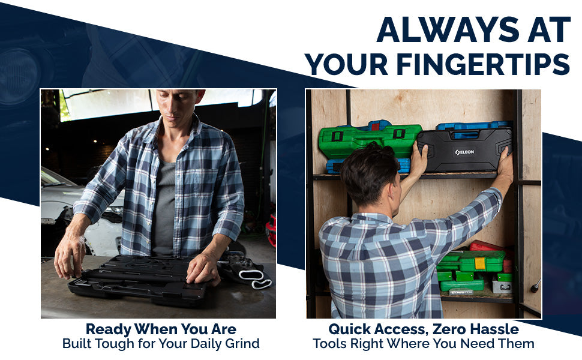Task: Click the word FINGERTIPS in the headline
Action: pos(483,64)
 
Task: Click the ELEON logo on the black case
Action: pos(465,152)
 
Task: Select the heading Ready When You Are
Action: pos(161,329)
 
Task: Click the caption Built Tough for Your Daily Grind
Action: pos(161,344)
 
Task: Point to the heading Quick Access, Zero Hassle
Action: pos(424,329)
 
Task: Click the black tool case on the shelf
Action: pos(464,150)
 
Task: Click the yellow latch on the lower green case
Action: pos(480,263)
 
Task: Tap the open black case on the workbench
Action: pos(137,278)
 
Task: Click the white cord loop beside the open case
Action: pos(256,279)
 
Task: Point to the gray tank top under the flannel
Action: pos(164,208)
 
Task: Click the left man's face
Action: pos(178,106)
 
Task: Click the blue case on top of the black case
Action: pos(473,126)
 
